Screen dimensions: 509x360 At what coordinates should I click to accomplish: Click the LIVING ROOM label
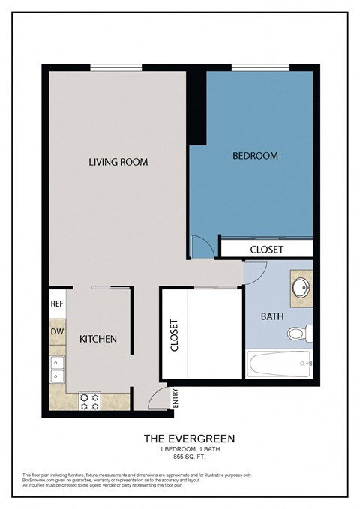(x=118, y=161)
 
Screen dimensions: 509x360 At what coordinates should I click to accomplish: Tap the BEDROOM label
(x=255, y=156)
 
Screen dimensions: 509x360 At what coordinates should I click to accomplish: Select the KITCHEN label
(x=98, y=339)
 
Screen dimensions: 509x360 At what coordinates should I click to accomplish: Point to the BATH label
(x=272, y=316)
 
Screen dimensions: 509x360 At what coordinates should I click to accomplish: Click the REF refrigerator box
(x=57, y=304)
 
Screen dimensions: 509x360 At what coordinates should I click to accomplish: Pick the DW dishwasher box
(x=57, y=331)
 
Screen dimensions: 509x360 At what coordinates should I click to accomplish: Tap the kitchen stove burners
(x=90, y=401)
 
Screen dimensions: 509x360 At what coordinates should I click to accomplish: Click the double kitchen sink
(x=57, y=370)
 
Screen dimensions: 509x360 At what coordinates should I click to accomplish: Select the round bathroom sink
(x=301, y=286)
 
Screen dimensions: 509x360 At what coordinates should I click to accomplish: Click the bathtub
(x=278, y=365)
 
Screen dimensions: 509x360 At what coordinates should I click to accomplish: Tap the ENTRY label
(x=175, y=396)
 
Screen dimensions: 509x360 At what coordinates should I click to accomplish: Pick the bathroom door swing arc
(x=253, y=273)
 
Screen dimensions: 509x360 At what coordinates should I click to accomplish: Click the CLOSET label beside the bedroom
(x=266, y=249)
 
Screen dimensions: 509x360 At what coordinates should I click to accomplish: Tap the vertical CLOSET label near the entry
(x=174, y=336)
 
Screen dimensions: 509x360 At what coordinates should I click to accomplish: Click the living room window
(x=116, y=69)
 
